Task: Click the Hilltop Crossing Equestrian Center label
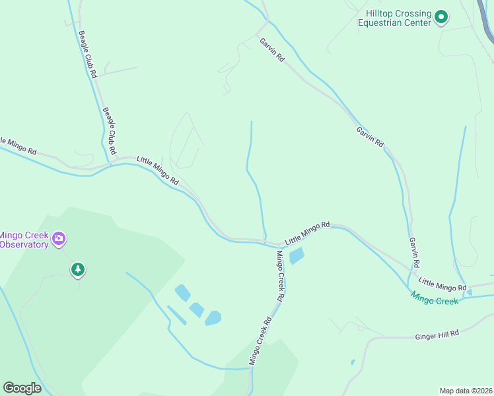pyautogui.click(x=394, y=18)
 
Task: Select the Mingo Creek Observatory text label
pyautogui.click(x=24, y=240)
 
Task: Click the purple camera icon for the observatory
pyautogui.click(x=59, y=238)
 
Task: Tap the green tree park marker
pyautogui.click(x=78, y=269)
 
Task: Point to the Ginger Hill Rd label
pyautogui.click(x=437, y=335)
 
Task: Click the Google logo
pyautogui.click(x=22, y=387)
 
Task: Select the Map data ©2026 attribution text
pyautogui.click(x=466, y=391)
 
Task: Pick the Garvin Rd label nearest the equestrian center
pyautogui.click(x=271, y=50)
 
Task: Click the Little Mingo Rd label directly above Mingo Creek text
pyautogui.click(x=442, y=284)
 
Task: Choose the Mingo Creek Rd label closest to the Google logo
pyautogui.click(x=260, y=342)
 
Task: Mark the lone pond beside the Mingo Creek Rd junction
pyautogui.click(x=297, y=255)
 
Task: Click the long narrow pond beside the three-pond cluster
pyautogui.click(x=176, y=315)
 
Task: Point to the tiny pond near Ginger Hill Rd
pyautogui.click(x=353, y=362)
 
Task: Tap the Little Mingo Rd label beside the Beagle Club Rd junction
pyautogui.click(x=157, y=170)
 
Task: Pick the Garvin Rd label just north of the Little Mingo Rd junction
pyautogui.click(x=414, y=252)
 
